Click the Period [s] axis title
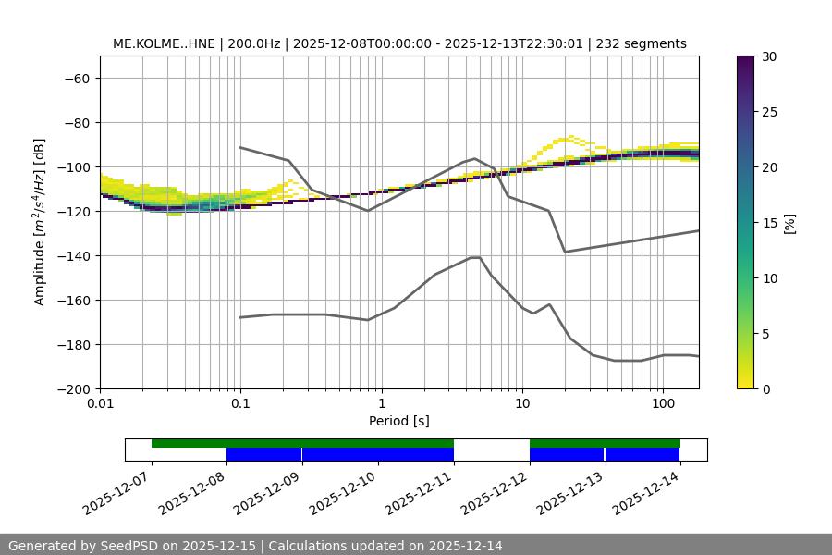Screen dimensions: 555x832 tap(399, 422)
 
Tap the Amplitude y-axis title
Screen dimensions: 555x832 tap(39, 222)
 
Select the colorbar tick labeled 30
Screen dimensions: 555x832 tap(769, 56)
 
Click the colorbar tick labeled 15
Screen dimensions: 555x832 tap(769, 223)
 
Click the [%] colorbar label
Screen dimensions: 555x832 tap(789, 223)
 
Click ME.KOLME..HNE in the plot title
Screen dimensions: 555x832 tap(163, 43)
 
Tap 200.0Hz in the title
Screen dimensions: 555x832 tap(250, 43)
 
